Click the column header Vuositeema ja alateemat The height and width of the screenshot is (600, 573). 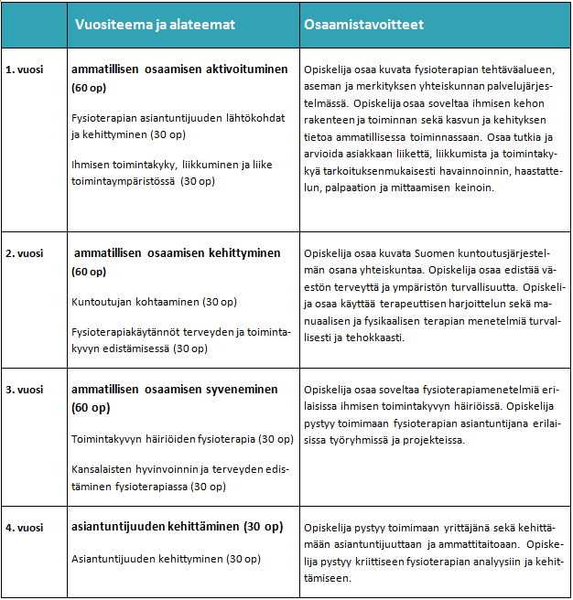pos(153,25)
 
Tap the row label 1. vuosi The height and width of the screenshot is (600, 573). pos(25,70)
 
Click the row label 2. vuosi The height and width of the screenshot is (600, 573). pos(25,252)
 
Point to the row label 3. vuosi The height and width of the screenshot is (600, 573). pos(25,389)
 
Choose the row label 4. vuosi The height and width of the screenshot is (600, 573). pos(25,527)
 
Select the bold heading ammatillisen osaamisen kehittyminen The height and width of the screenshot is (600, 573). pos(177,252)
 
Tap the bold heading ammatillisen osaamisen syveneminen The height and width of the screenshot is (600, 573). pos(174,389)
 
